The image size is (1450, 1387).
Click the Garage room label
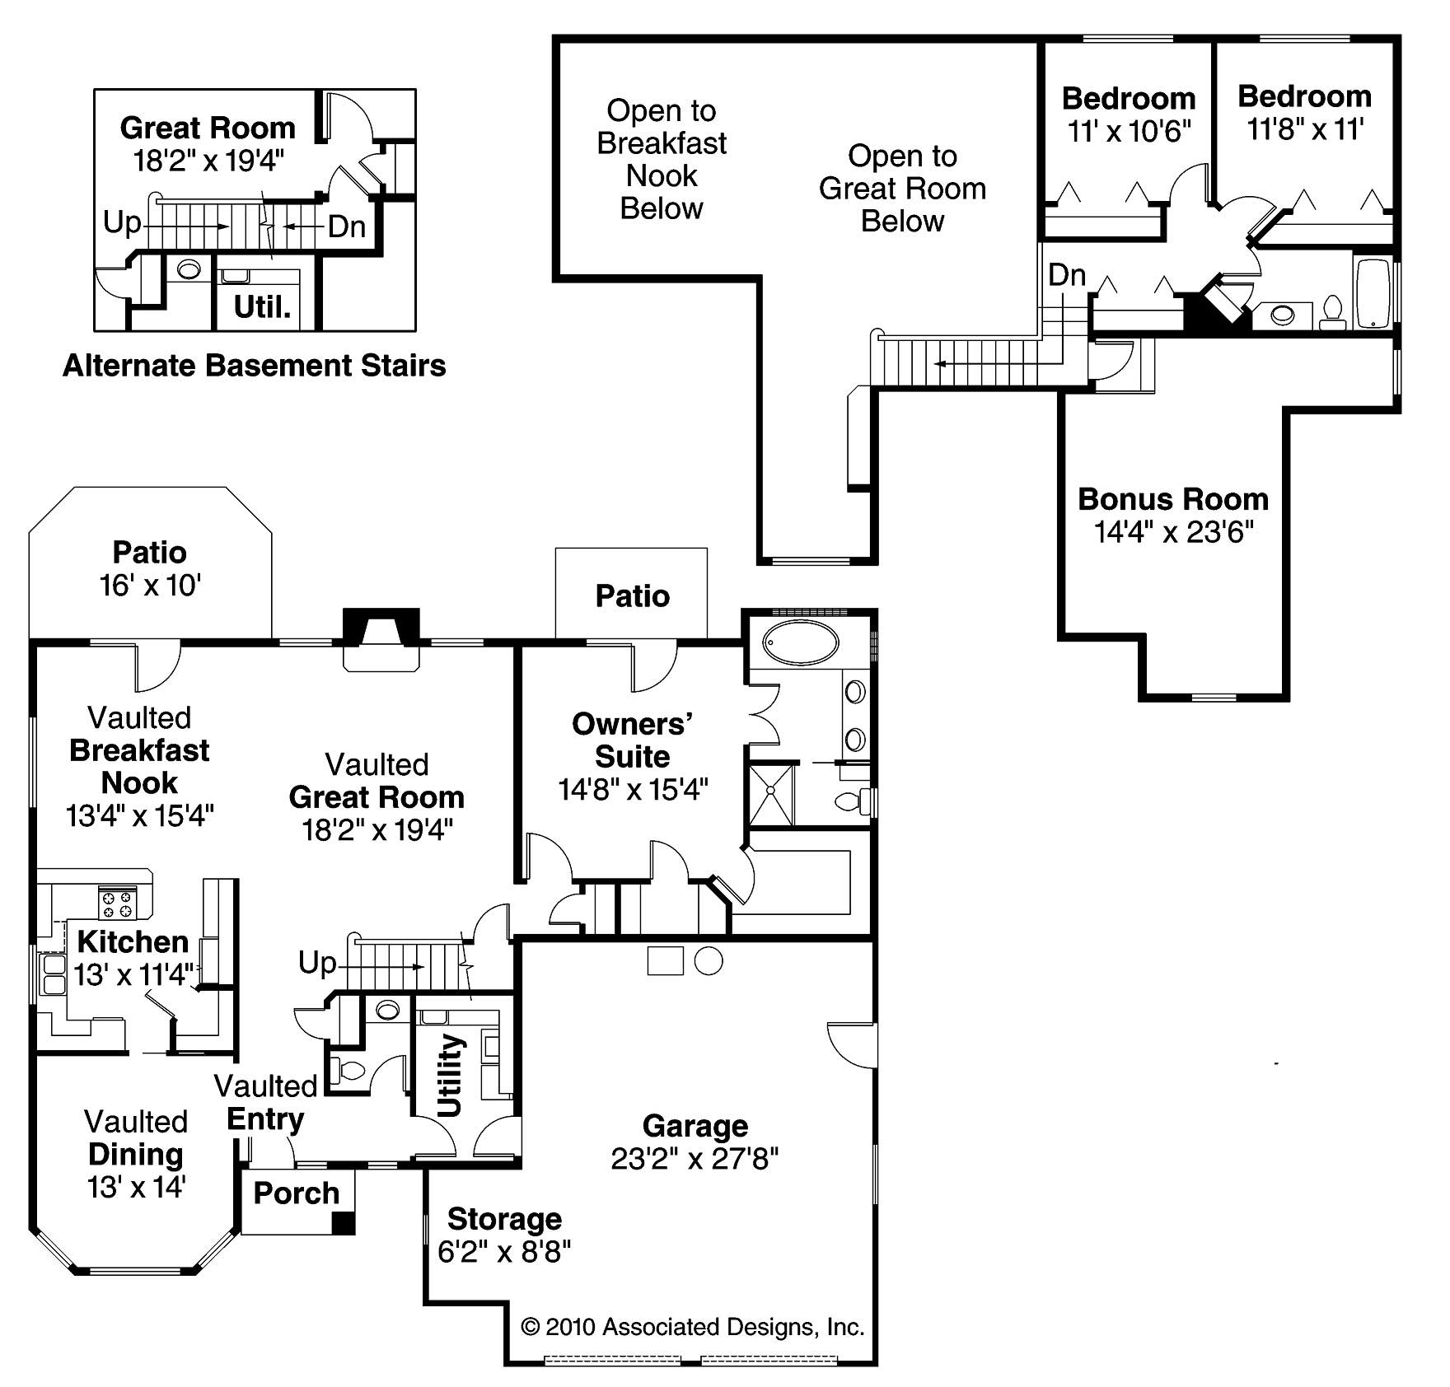click(x=695, y=1126)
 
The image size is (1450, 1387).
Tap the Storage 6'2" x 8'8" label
click(x=504, y=1235)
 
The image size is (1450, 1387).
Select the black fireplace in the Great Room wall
click(x=381, y=627)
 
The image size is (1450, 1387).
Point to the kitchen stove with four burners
click(x=116, y=903)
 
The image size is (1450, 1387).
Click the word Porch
click(x=296, y=1193)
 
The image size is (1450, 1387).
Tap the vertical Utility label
click(x=451, y=1075)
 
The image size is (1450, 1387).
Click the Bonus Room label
click(x=1172, y=499)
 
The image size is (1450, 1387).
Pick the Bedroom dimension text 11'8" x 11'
click(x=1305, y=129)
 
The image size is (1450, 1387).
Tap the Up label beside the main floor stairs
click(x=317, y=962)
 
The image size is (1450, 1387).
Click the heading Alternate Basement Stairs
click(x=254, y=365)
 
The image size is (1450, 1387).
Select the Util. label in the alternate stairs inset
click(x=262, y=307)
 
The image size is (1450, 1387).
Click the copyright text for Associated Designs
click(x=693, y=1327)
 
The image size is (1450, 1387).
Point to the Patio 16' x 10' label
click(x=150, y=568)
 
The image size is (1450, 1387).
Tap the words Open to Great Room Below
click(x=902, y=189)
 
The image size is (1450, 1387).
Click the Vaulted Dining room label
click(x=136, y=1154)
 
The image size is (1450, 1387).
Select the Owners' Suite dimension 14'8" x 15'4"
click(x=633, y=790)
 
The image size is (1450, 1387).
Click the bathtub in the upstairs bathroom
click(x=1373, y=294)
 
